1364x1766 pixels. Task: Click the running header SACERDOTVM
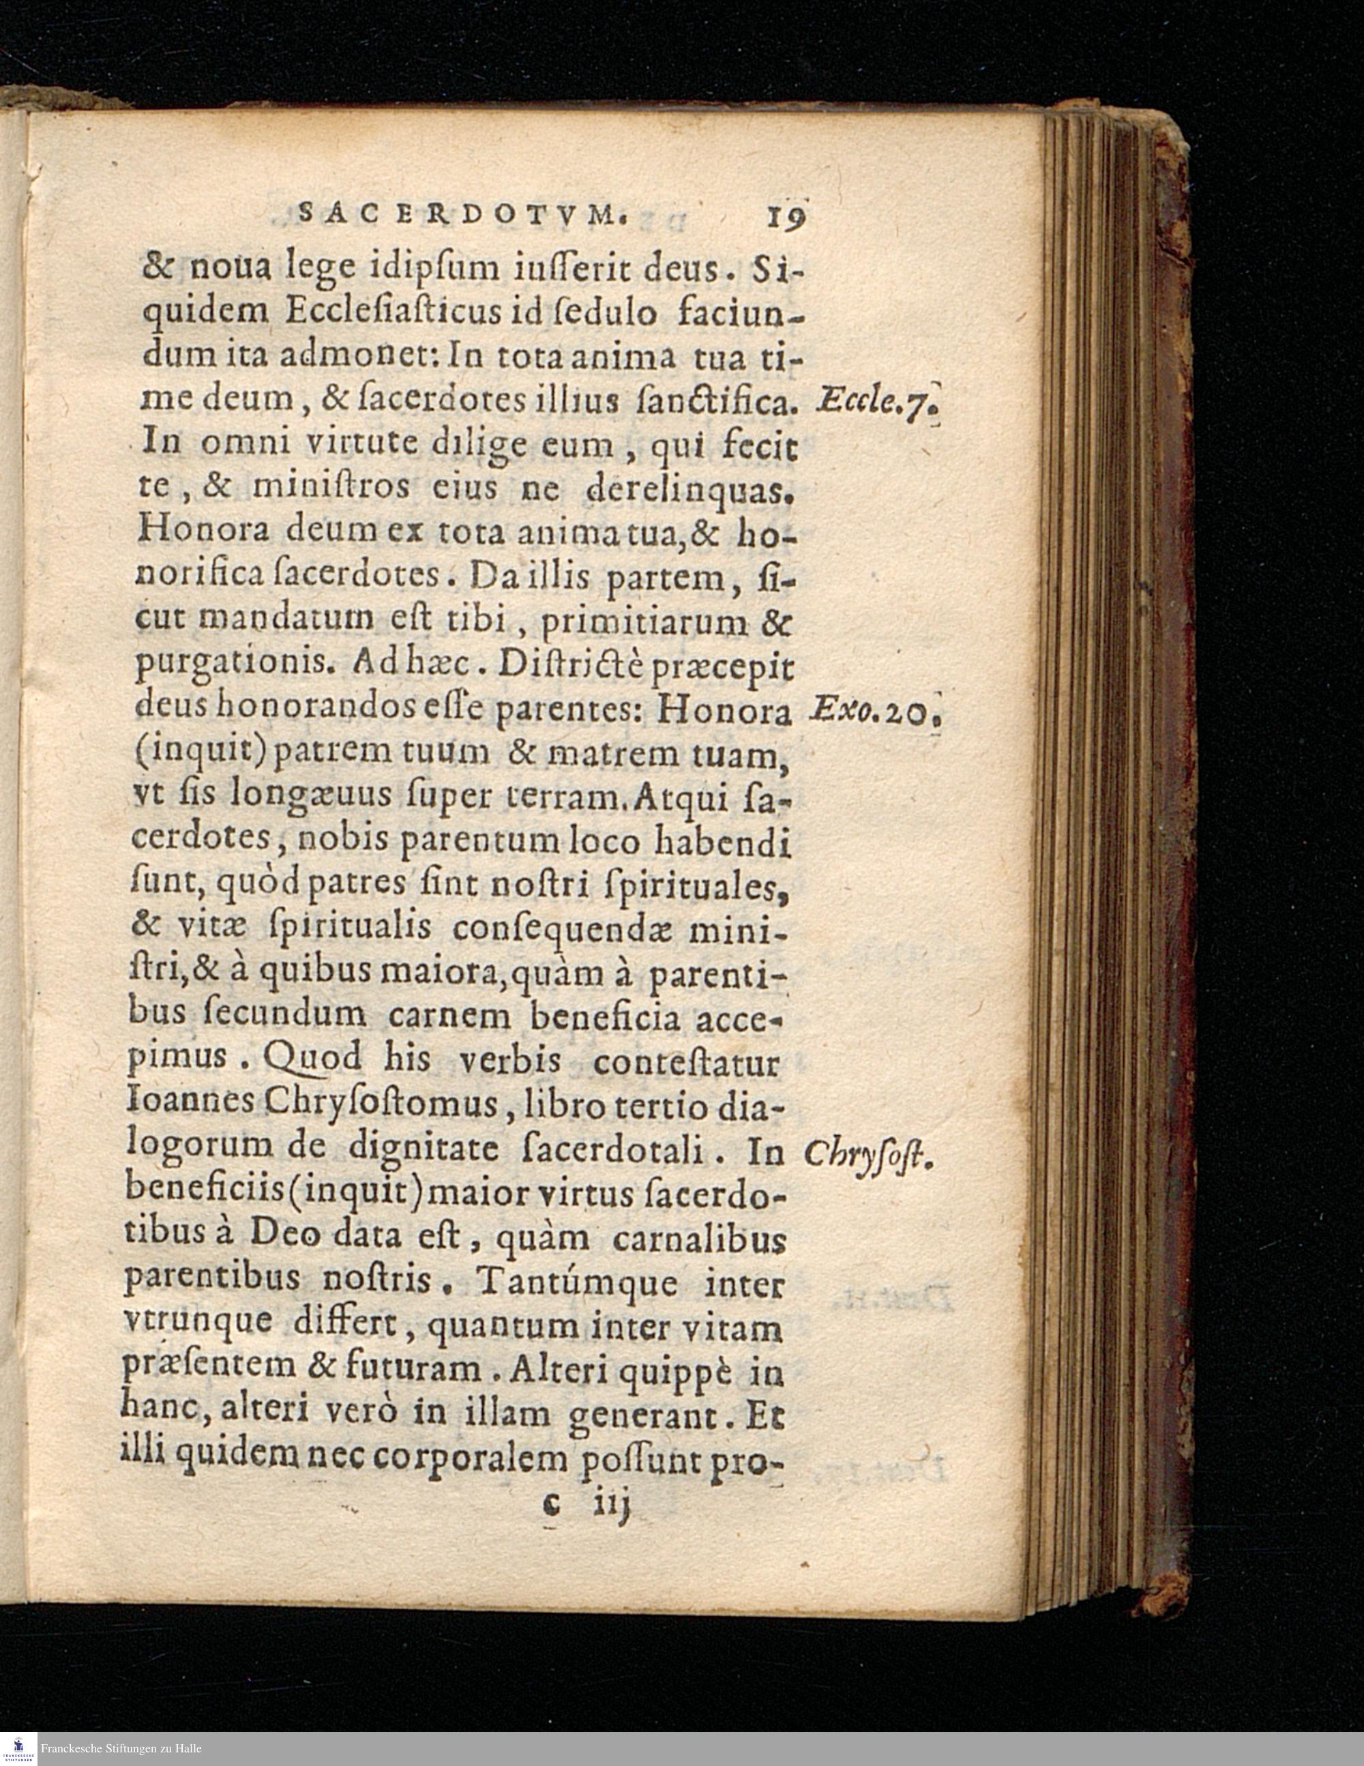coord(462,214)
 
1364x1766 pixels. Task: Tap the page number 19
coord(785,216)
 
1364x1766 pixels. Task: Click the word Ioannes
coord(190,1103)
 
